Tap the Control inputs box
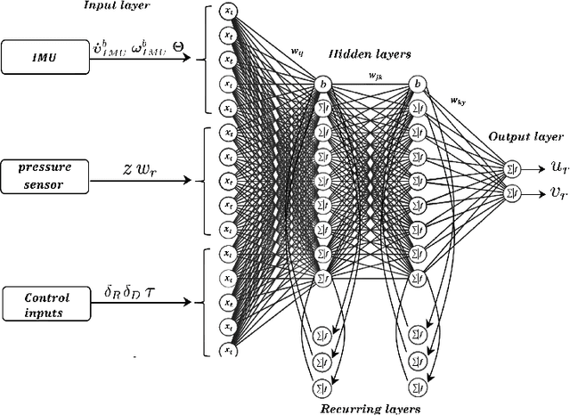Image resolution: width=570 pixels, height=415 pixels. [x=47, y=305]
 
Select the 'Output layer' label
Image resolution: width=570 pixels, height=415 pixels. [x=525, y=137]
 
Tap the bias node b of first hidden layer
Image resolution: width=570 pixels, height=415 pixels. [x=322, y=84]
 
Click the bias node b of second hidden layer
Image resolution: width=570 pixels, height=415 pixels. [x=416, y=84]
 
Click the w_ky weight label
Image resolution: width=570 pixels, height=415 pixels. [x=457, y=102]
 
